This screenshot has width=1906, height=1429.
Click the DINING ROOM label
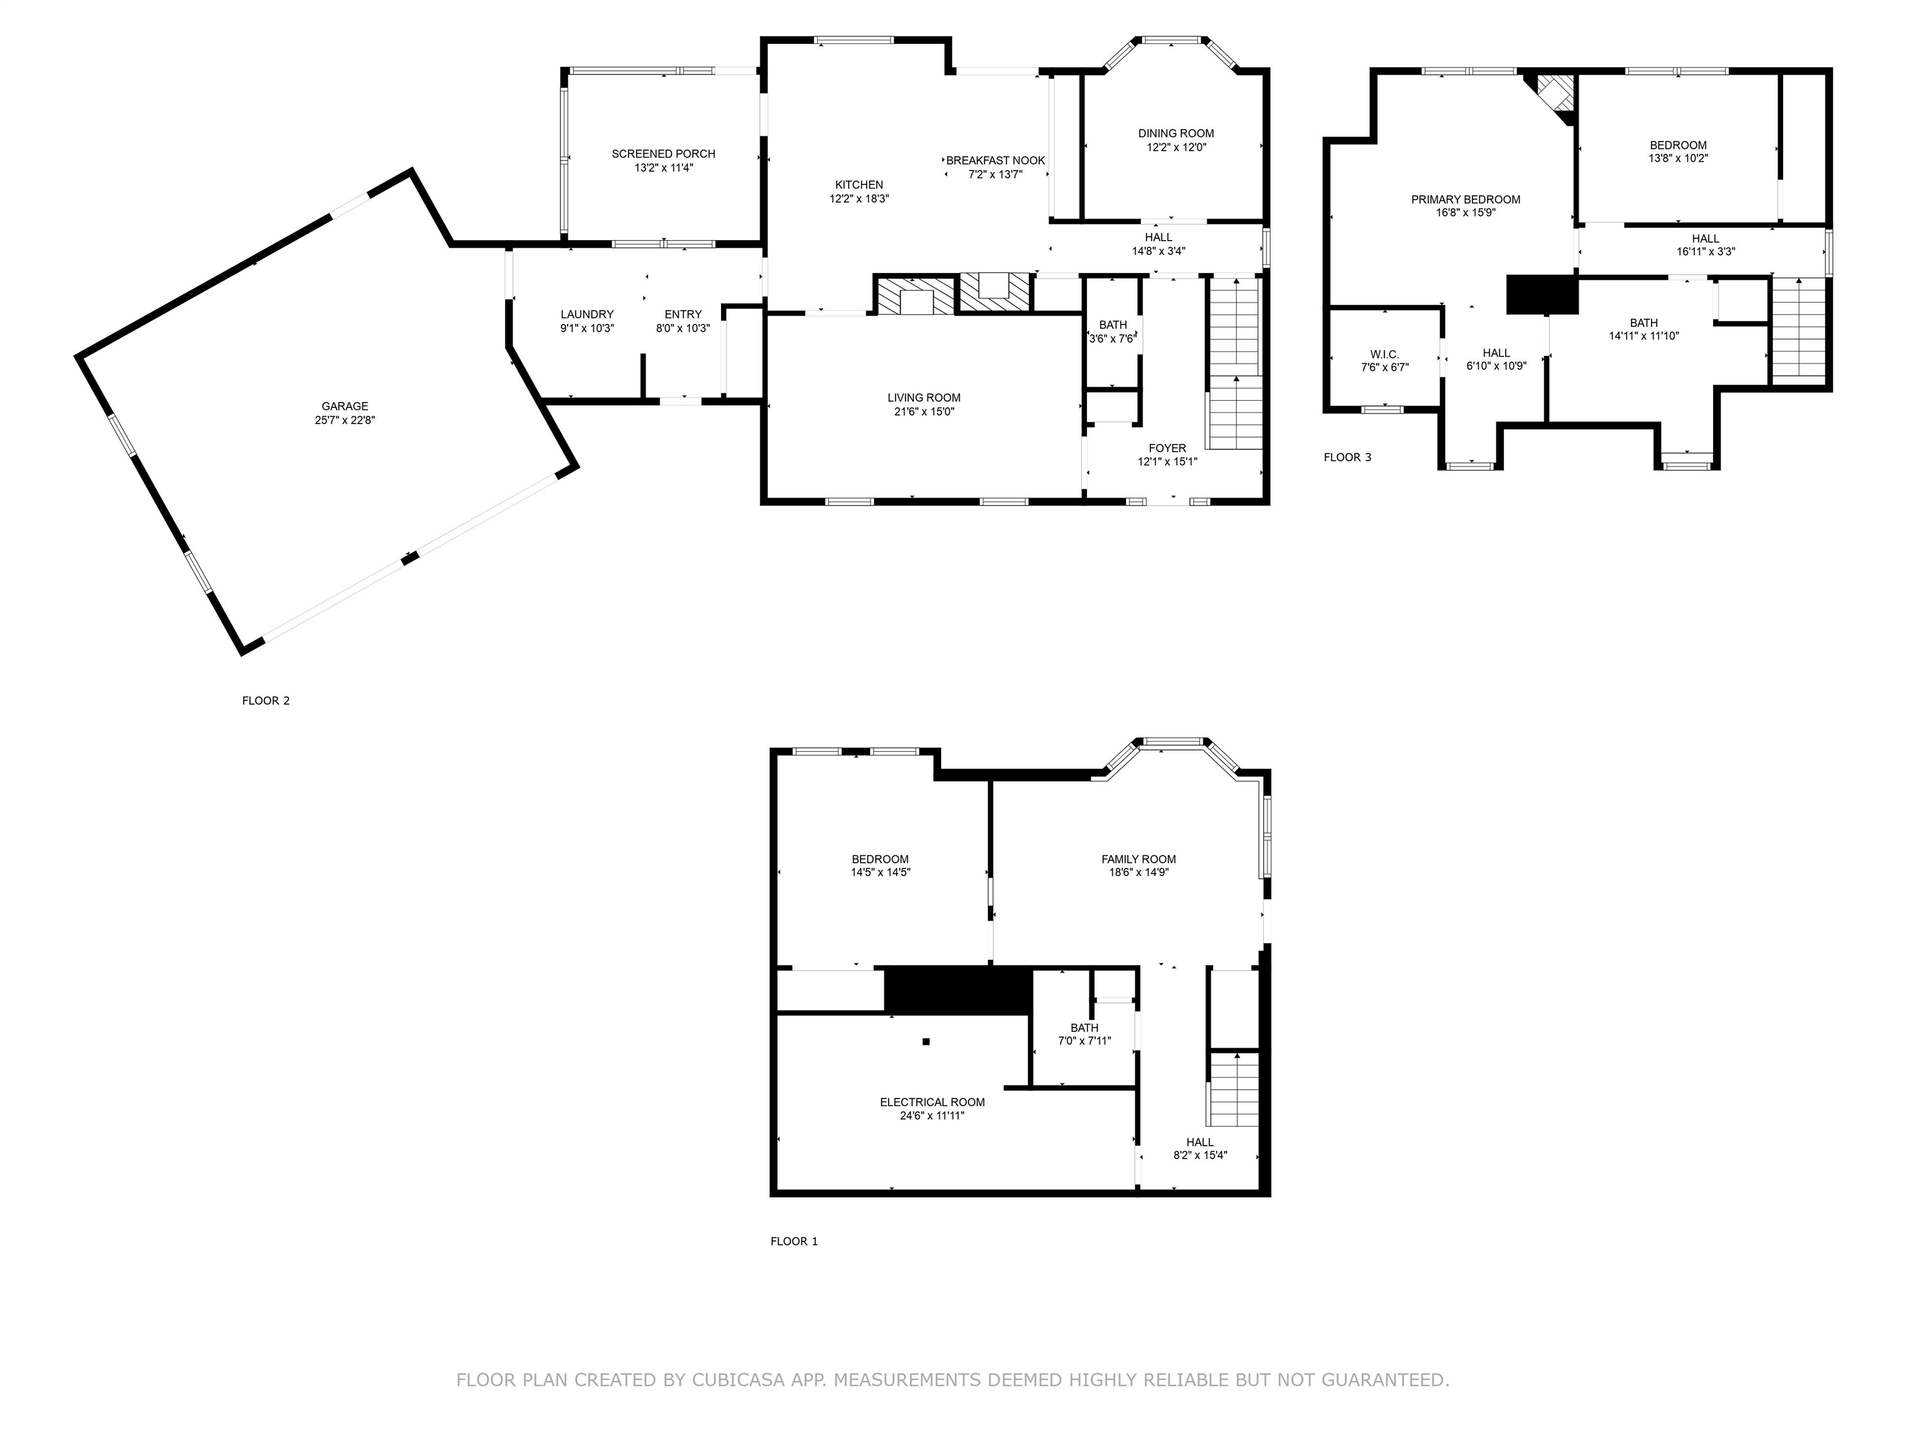click(1176, 133)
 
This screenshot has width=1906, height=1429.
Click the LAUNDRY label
click(587, 315)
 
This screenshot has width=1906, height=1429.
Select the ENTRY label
click(683, 315)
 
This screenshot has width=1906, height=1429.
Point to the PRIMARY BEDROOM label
click(1465, 200)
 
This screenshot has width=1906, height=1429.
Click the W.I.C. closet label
click(1385, 355)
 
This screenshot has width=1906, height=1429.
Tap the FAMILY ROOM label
click(1139, 860)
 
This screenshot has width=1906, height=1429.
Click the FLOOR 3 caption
click(1348, 457)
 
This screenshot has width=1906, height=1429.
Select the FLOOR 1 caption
click(794, 1241)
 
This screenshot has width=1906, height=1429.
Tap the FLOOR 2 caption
click(266, 701)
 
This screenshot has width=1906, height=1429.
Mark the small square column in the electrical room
click(926, 1042)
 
